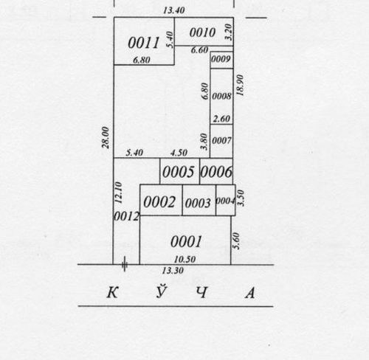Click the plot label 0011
(144, 43)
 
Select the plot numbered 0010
(202, 32)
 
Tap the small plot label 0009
(221, 59)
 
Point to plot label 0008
(221, 96)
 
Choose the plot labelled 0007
(221, 141)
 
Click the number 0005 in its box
(179, 172)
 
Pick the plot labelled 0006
(216, 172)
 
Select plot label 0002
(159, 202)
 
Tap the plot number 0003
(198, 203)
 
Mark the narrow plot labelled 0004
(225, 201)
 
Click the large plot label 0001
(186, 241)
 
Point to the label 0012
(126, 217)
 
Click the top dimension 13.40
(174, 10)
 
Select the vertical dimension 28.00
(106, 137)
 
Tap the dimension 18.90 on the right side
(240, 86)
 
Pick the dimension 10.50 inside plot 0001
(184, 259)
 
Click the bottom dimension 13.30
(173, 271)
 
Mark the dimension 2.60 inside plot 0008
(221, 119)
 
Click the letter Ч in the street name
(202, 293)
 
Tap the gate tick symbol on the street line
(125, 264)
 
